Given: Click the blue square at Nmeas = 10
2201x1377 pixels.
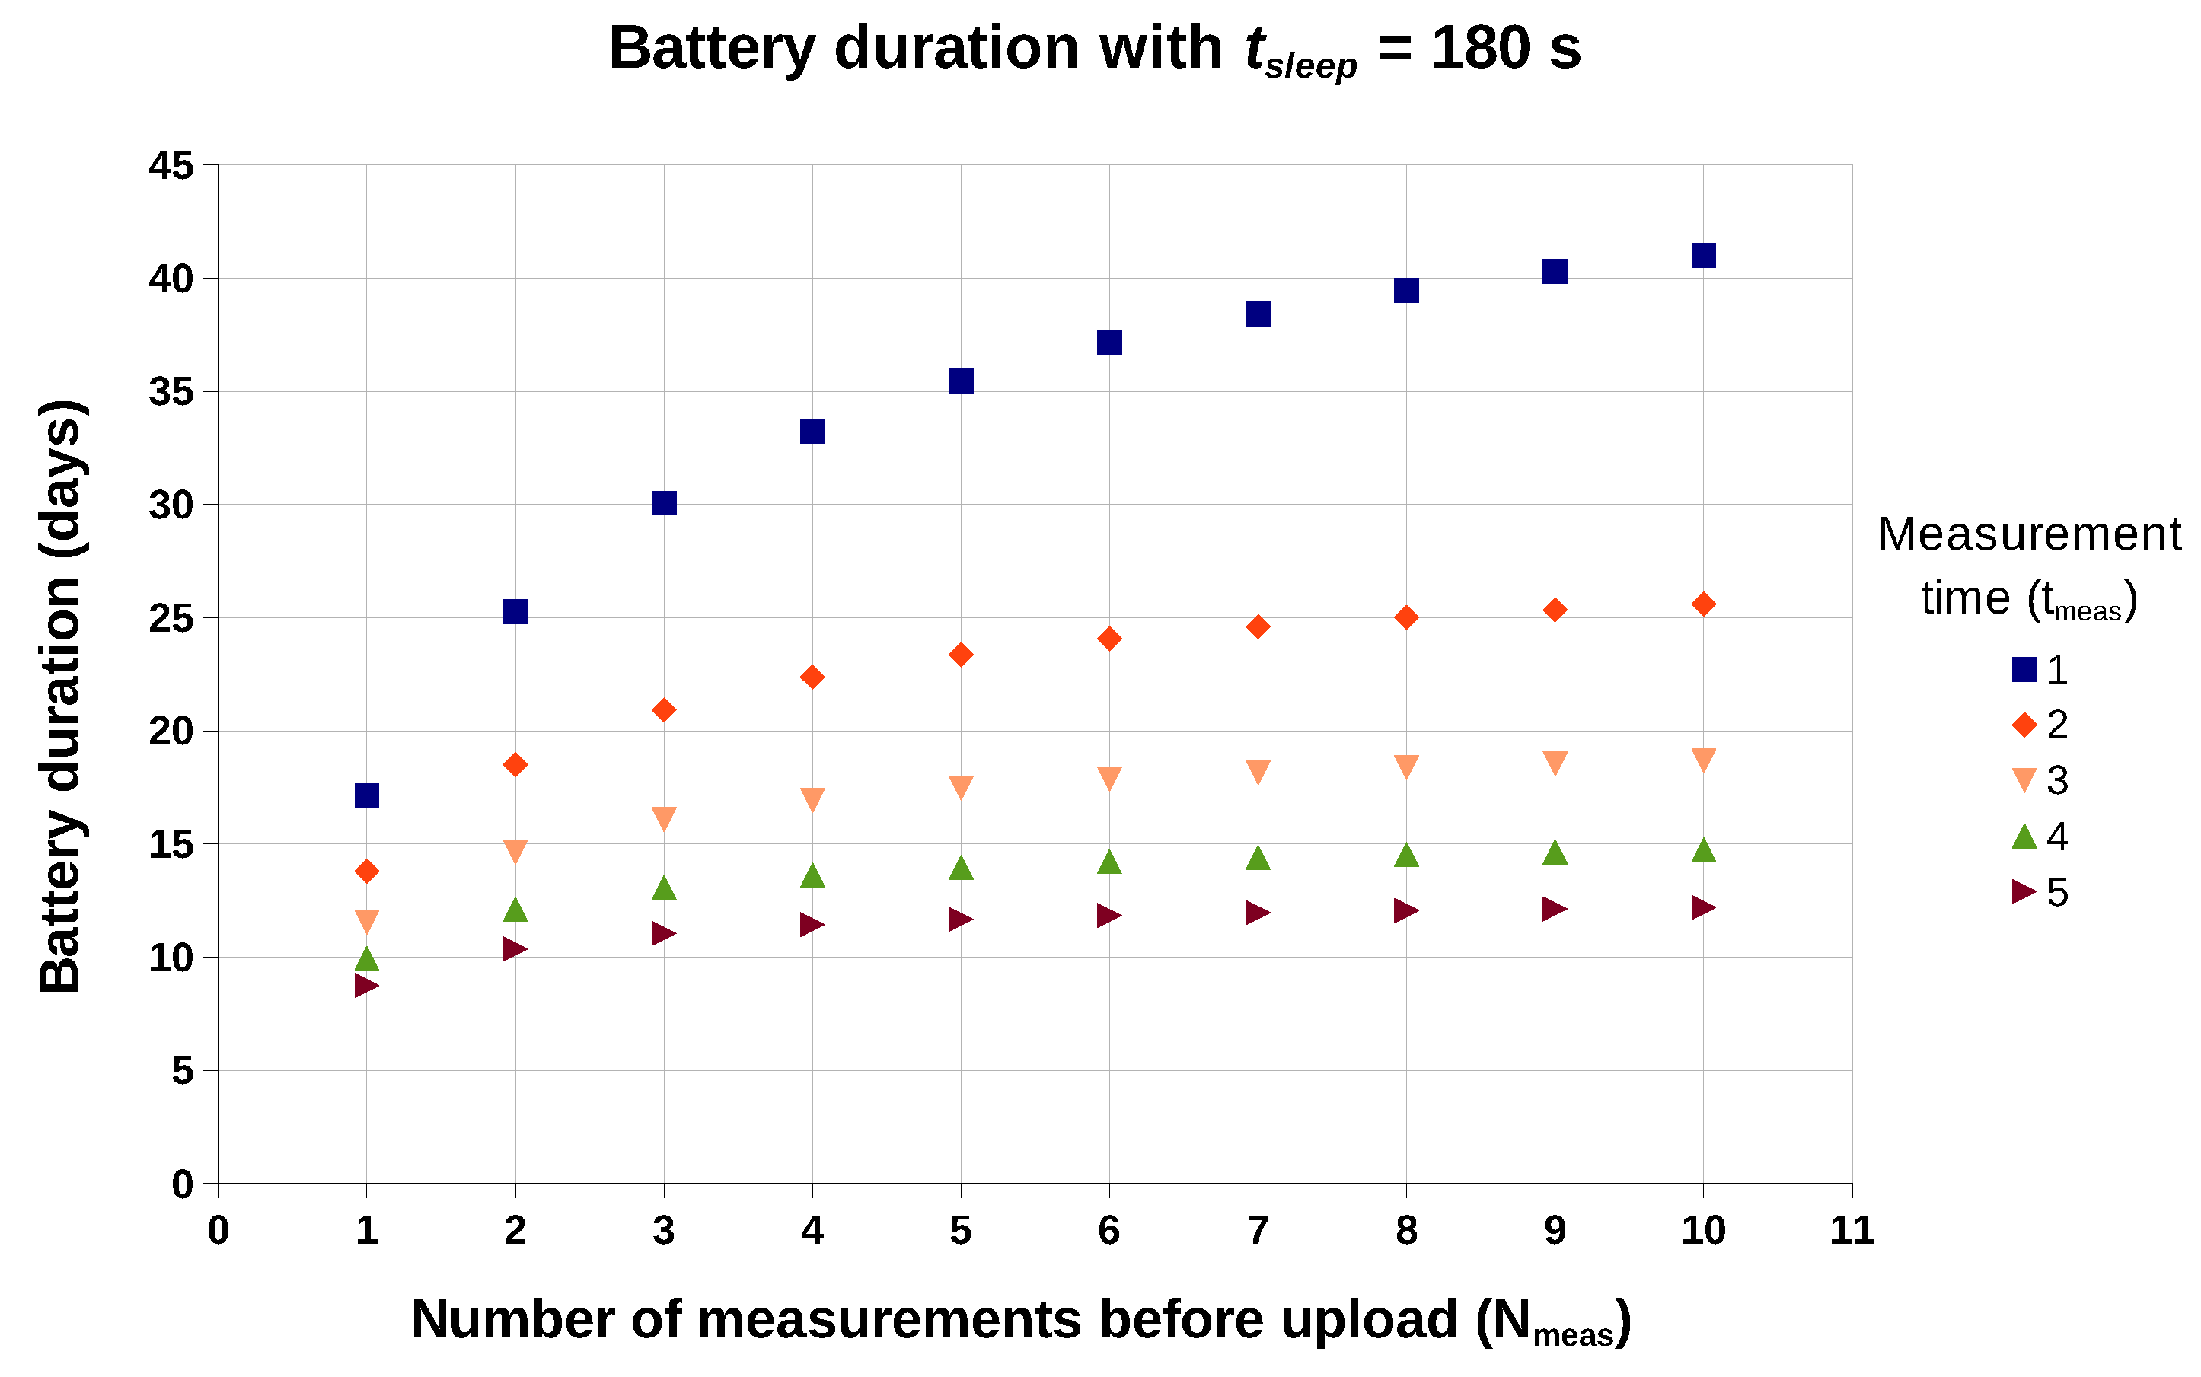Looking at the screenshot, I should (x=1703, y=255).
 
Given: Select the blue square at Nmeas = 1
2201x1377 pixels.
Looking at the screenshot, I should (x=366, y=795).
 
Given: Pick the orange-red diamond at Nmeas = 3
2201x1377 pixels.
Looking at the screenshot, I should (x=664, y=709).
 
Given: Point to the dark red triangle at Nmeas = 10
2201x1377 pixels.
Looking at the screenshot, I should (x=1702, y=907).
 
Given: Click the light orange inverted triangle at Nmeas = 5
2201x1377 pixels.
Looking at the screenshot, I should (x=961, y=787).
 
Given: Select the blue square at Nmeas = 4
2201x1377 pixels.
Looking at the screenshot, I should (x=812, y=431).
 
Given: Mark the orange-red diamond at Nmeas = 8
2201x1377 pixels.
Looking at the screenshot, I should (x=1406, y=617).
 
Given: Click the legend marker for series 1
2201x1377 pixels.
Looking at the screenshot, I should (x=2024, y=669).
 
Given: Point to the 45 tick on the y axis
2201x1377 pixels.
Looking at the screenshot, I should (x=171, y=166).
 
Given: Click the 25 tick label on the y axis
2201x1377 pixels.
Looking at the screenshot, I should (x=171, y=618).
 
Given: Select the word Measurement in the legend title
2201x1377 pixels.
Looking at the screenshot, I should (x=2029, y=534).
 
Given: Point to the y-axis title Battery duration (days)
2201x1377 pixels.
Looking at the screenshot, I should (x=61, y=696).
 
